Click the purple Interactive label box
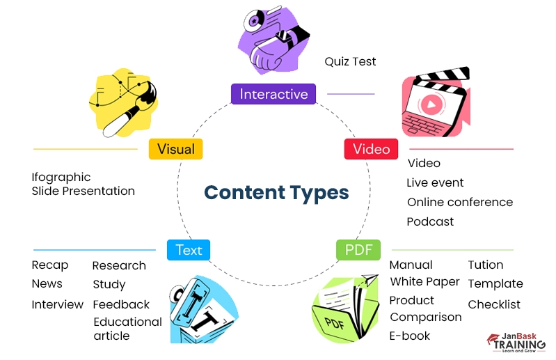pyautogui.click(x=273, y=94)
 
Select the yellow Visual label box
pyautogui.click(x=175, y=149)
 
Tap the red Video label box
pyautogui.click(x=371, y=149)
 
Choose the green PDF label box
pyautogui.click(x=358, y=249)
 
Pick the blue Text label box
pyautogui.click(x=188, y=249)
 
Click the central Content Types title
pyautogui.click(x=276, y=192)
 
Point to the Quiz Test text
pyautogui.click(x=350, y=61)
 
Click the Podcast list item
pyautogui.click(x=430, y=221)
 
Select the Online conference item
pyautogui.click(x=460, y=203)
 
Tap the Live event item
pyautogui.click(x=435, y=182)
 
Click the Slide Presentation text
pyautogui.click(x=84, y=191)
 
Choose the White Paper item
pyautogui.click(x=424, y=281)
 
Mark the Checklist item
pyautogui.click(x=494, y=304)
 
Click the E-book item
pyautogui.click(x=410, y=336)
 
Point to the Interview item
pyautogui.click(x=57, y=305)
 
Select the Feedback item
pyautogui.click(x=121, y=304)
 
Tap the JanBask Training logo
pyautogui.click(x=516, y=342)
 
